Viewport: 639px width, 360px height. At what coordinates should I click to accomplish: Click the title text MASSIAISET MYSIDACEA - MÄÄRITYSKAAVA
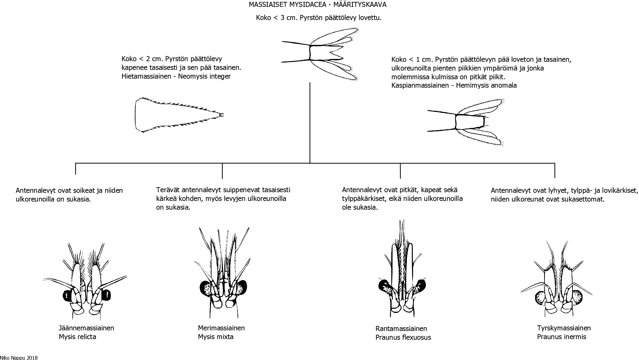318,5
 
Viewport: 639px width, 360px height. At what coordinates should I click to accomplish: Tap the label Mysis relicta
77,337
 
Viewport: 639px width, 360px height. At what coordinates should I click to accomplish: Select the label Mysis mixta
216,337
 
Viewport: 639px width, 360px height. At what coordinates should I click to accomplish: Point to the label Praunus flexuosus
403,337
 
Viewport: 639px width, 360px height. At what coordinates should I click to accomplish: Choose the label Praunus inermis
562,337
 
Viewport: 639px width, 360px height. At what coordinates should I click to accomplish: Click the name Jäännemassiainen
86,328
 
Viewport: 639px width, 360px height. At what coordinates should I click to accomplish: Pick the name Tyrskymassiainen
564,328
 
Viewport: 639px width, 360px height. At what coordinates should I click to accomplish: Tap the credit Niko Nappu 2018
19,358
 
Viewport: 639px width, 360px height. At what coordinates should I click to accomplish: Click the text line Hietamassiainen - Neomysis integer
176,76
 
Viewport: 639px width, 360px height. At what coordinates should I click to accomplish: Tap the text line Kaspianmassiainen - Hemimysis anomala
454,85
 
